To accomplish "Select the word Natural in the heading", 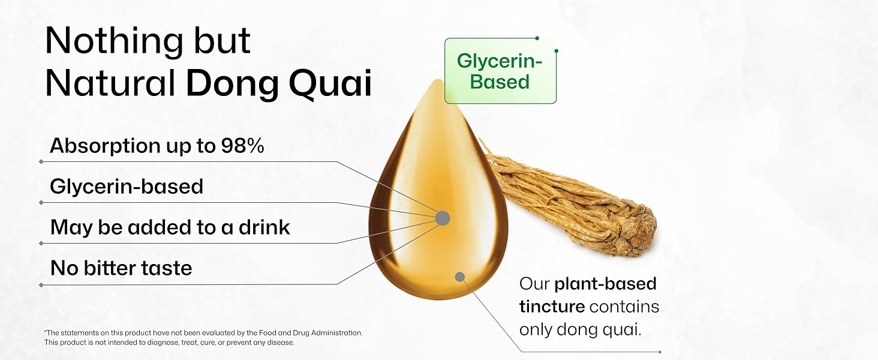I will [110, 84].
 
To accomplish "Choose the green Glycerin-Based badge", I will [500, 71].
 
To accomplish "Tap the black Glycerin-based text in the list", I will [127, 187].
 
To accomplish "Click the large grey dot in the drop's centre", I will [443, 218].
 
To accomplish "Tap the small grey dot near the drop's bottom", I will [460, 277].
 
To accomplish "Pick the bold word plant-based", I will [605, 284].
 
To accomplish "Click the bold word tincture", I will [552, 307].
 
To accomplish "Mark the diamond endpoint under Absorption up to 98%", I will [41, 161].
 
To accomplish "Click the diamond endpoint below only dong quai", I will [660, 352].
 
